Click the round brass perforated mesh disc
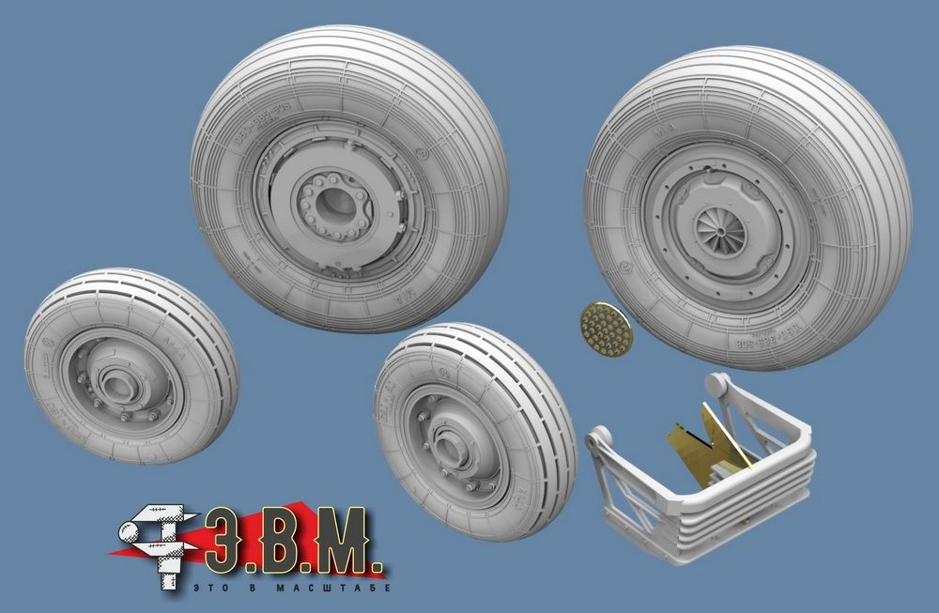coord(606,328)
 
